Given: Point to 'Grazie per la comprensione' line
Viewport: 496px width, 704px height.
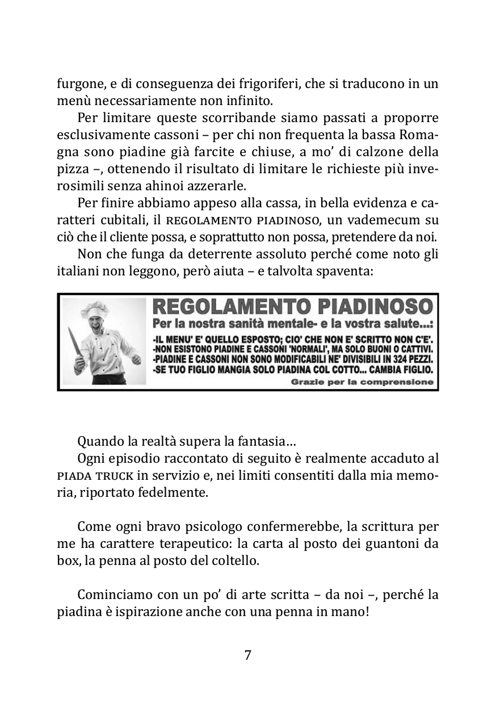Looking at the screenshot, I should pyautogui.click(x=362, y=382).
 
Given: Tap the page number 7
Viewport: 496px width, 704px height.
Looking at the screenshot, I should pyautogui.click(x=248, y=655).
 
